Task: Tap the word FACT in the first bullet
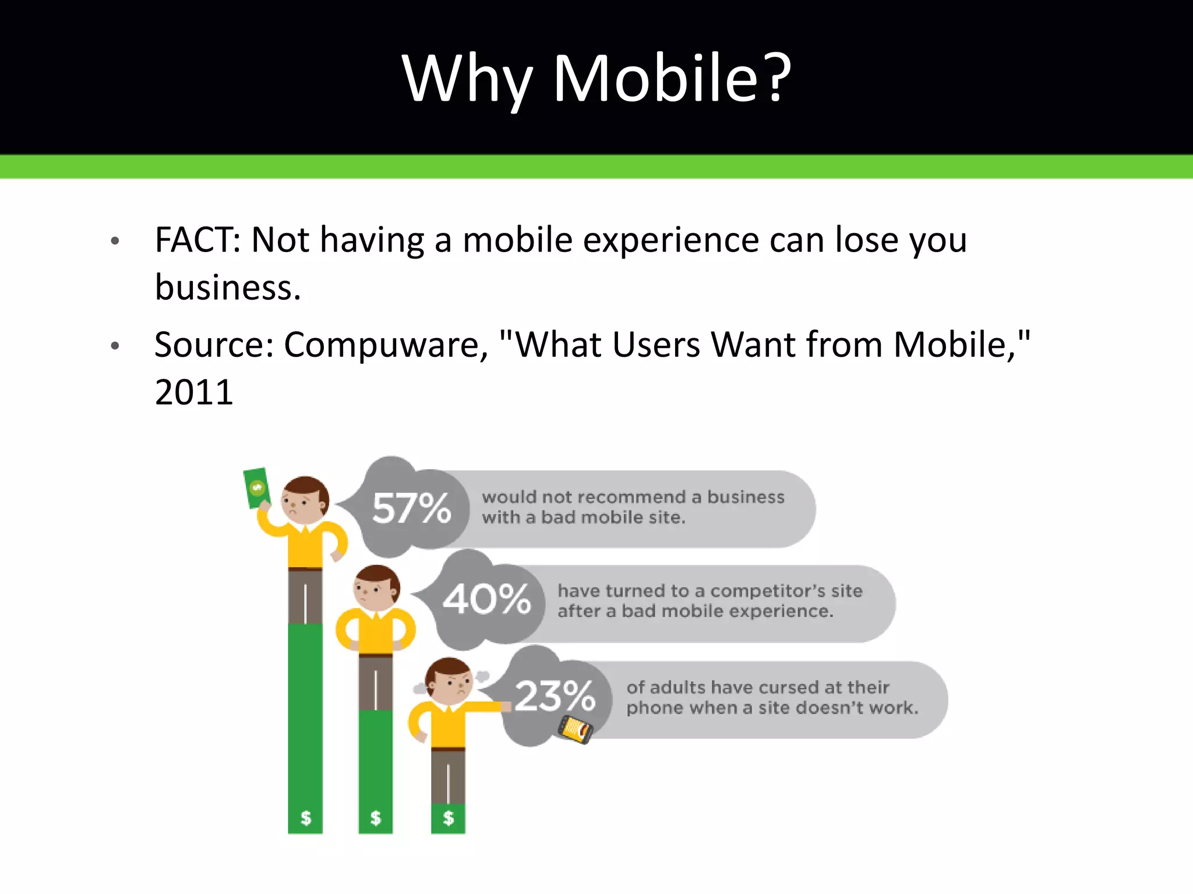click(193, 240)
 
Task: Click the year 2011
click(194, 392)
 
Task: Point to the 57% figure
click(412, 508)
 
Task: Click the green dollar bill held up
click(256, 488)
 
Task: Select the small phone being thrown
click(575, 729)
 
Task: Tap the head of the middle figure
click(376, 588)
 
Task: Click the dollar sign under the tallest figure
click(305, 818)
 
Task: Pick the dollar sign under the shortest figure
click(448, 818)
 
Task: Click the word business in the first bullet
click(227, 288)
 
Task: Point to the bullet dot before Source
click(115, 346)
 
